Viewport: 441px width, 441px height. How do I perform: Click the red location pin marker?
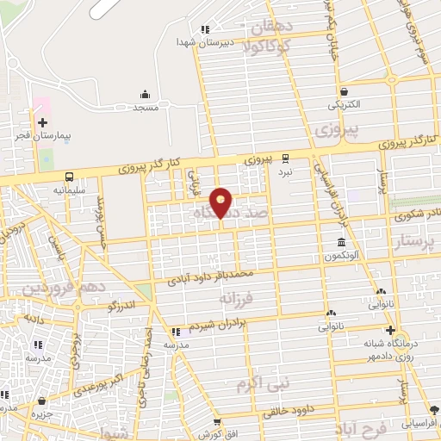(x=221, y=202)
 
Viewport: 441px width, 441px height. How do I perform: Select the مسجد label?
(x=145, y=108)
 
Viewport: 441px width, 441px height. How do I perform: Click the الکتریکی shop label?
(x=344, y=105)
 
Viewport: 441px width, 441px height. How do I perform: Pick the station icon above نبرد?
(x=285, y=158)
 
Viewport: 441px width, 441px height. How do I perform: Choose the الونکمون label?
(x=343, y=257)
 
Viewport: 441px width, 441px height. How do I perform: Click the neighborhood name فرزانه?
(x=239, y=299)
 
